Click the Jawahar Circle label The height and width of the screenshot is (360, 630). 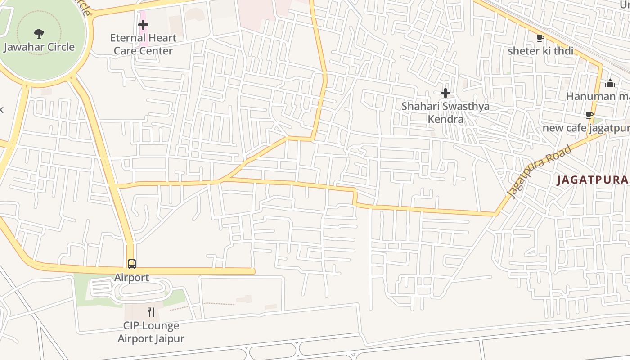(x=39, y=47)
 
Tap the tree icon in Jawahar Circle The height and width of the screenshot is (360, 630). (x=39, y=33)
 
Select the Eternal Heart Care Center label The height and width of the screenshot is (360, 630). (x=143, y=44)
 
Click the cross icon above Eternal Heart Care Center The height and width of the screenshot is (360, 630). (x=143, y=25)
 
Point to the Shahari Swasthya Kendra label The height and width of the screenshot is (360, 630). (x=445, y=112)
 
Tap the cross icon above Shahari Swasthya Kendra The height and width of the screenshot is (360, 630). (x=445, y=93)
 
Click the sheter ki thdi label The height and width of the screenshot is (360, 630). (x=540, y=51)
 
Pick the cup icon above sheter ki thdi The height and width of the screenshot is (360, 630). (x=540, y=38)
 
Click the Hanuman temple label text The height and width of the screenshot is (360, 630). (x=597, y=96)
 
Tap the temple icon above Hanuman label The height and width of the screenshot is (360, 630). (x=610, y=83)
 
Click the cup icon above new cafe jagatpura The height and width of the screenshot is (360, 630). (x=589, y=115)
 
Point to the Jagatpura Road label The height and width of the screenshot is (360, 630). (x=539, y=171)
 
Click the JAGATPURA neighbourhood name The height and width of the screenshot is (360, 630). (x=592, y=180)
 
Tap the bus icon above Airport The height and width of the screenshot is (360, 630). (x=131, y=264)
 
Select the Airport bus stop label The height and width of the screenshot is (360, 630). (x=131, y=277)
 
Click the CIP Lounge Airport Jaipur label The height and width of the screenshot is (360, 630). (x=151, y=332)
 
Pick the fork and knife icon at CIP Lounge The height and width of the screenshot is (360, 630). (x=151, y=312)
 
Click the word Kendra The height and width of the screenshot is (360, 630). (x=445, y=119)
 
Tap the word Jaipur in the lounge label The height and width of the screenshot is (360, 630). (x=169, y=338)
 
